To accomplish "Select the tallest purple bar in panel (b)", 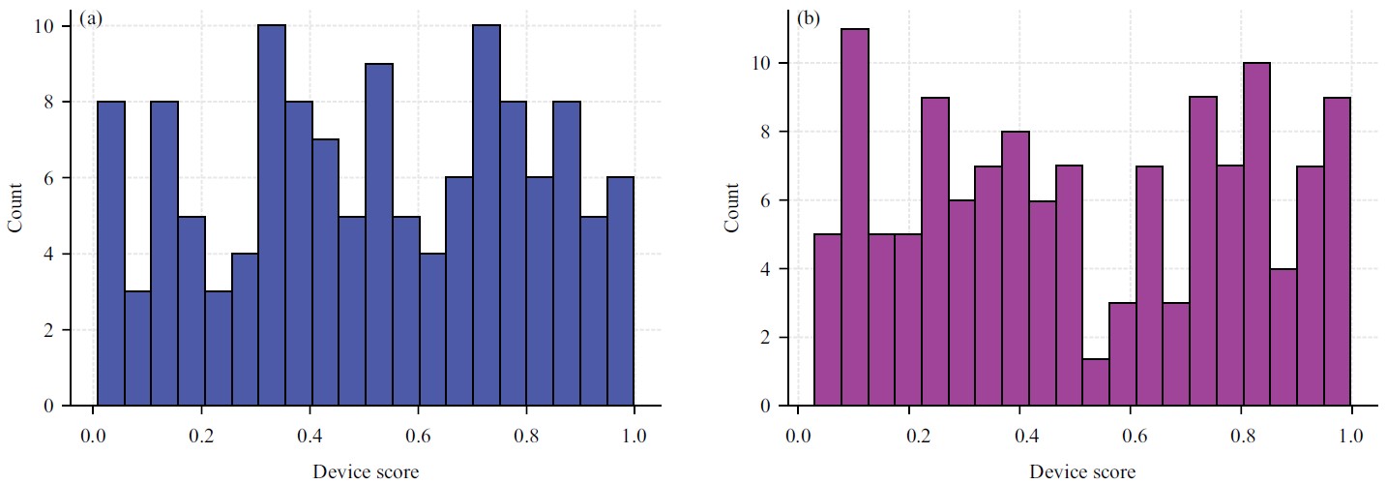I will click(x=855, y=218).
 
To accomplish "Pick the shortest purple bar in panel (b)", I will click(x=1096, y=382).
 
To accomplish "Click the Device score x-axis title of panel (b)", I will click(x=1082, y=472).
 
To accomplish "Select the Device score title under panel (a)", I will click(x=366, y=472).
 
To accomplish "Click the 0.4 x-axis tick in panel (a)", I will click(x=310, y=432).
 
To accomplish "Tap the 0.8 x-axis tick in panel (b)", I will click(x=1241, y=432).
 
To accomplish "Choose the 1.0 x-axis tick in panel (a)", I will click(x=634, y=432).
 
